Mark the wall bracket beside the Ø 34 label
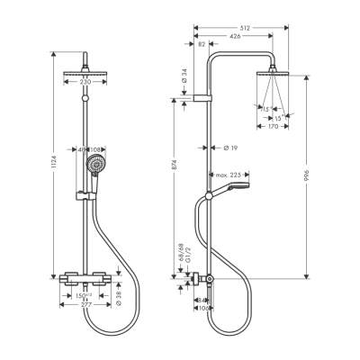(203, 96)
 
